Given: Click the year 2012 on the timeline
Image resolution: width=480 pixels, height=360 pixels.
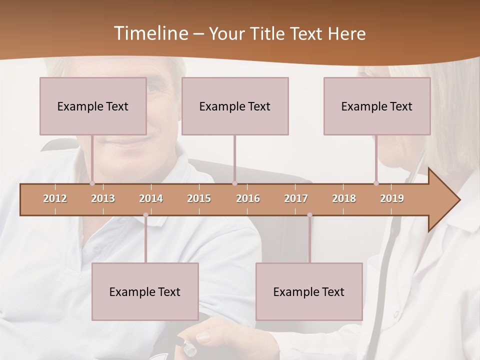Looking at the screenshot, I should pyautogui.click(x=55, y=198).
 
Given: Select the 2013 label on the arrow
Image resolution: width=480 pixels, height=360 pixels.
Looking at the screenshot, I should pyautogui.click(x=103, y=198).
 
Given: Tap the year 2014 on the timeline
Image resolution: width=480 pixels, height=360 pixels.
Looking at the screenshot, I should pyautogui.click(x=151, y=198).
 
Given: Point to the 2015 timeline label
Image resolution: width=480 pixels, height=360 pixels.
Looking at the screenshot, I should pyautogui.click(x=199, y=198).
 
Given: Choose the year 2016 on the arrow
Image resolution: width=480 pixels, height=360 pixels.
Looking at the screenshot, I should pyautogui.click(x=248, y=198).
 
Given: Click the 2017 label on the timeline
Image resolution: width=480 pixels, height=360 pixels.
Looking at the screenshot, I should pyautogui.click(x=296, y=198).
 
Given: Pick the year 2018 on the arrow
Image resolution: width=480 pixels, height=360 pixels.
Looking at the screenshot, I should pyautogui.click(x=344, y=198).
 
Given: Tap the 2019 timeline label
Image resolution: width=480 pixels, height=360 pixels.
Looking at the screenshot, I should pyautogui.click(x=392, y=198).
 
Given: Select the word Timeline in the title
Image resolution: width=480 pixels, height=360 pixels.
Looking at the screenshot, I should pyautogui.click(x=149, y=33).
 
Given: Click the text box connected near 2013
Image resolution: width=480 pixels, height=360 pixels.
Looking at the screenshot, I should pyautogui.click(x=93, y=106).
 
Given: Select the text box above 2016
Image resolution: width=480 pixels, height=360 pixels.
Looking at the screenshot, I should pyautogui.click(x=235, y=106).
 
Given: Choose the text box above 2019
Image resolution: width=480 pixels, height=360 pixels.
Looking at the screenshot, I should pyautogui.click(x=377, y=106).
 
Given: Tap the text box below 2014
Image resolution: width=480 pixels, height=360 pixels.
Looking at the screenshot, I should pyautogui.click(x=145, y=291).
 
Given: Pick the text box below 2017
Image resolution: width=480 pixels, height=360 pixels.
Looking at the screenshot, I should pyautogui.click(x=309, y=291).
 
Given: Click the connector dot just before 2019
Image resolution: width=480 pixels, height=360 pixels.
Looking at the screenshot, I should pyautogui.click(x=376, y=183).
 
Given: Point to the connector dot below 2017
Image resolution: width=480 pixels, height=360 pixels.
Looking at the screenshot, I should pyautogui.click(x=309, y=215).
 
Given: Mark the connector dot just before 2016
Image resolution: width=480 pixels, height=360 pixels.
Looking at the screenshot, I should pyautogui.click(x=234, y=183).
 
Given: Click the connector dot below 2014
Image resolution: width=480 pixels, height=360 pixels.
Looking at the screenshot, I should pyautogui.click(x=145, y=215).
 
